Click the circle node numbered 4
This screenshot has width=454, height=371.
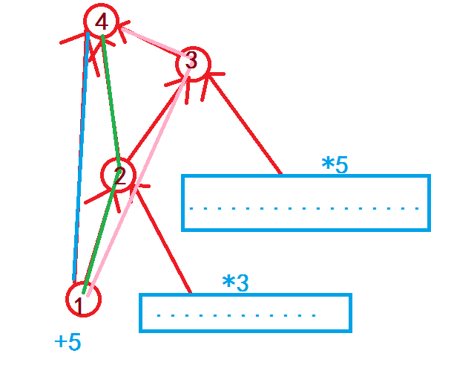(102, 23)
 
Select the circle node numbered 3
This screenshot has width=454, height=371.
(193, 62)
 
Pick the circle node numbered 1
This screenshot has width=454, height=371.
(82, 299)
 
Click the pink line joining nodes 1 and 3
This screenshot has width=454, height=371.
(141, 178)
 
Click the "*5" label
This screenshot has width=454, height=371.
(335, 165)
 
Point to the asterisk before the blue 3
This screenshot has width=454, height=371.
(228, 283)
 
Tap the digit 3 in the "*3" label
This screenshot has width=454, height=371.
(243, 283)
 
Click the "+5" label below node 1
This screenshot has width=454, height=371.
(68, 343)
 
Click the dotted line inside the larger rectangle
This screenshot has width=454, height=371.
(305, 208)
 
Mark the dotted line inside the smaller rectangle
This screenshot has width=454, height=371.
(237, 315)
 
